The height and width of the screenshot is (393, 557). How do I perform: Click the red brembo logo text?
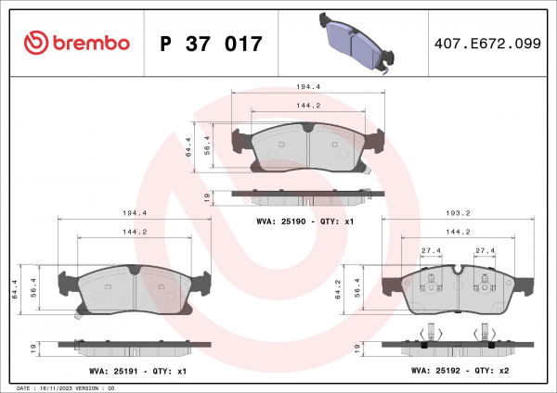(x=91, y=44)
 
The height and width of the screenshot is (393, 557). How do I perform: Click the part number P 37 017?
(x=211, y=44)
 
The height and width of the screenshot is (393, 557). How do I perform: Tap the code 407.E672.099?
(x=487, y=44)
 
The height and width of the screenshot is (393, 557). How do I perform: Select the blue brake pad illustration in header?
(x=356, y=44)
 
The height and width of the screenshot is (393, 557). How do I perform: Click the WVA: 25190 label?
(x=280, y=222)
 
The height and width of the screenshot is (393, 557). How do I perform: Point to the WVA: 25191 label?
(x=113, y=372)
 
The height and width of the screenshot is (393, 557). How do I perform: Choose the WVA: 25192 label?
(x=435, y=371)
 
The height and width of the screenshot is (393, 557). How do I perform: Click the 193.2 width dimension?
(x=458, y=213)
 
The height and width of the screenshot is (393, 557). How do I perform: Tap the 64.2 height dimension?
(x=338, y=289)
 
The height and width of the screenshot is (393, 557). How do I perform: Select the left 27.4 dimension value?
(x=431, y=250)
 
